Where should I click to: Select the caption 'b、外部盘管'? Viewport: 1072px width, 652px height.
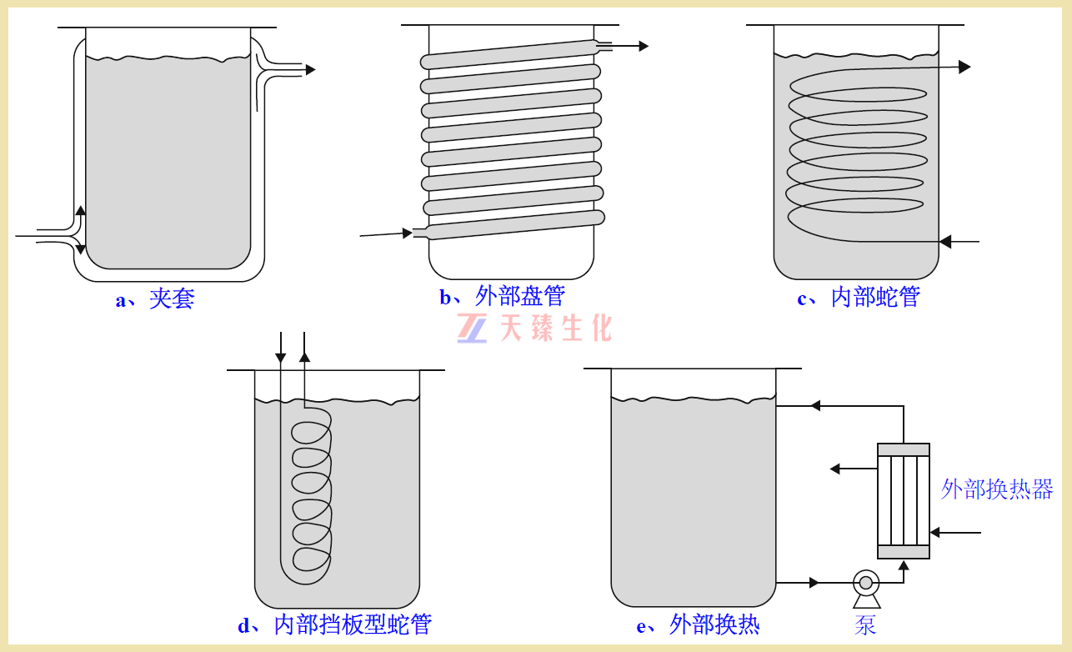(x=503, y=296)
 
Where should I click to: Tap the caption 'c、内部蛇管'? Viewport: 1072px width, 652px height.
(x=859, y=297)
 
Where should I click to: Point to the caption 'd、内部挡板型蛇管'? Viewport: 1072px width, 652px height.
(x=334, y=624)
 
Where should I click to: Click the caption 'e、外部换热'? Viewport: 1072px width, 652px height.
(x=698, y=624)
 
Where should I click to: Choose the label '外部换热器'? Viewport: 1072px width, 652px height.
(x=997, y=489)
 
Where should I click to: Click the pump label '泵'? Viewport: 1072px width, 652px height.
(x=865, y=625)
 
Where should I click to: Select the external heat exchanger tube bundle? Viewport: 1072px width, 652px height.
(x=903, y=500)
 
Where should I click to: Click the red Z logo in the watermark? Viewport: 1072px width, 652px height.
(x=472, y=328)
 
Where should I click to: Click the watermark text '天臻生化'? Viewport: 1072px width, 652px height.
(x=556, y=328)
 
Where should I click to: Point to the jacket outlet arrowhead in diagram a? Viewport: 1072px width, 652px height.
(x=310, y=70)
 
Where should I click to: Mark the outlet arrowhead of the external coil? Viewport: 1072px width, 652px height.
(x=643, y=46)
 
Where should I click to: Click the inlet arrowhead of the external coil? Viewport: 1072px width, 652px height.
(x=408, y=233)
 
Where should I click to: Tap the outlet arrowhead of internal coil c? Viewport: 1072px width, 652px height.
(x=964, y=67)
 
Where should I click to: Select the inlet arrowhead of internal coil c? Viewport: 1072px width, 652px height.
(x=945, y=242)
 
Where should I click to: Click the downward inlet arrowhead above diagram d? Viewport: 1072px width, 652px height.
(x=281, y=358)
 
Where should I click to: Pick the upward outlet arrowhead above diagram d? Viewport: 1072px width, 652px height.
(x=304, y=356)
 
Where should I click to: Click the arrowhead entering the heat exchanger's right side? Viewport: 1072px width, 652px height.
(x=935, y=532)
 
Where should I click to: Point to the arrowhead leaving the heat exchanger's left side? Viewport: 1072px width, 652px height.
(x=835, y=469)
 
